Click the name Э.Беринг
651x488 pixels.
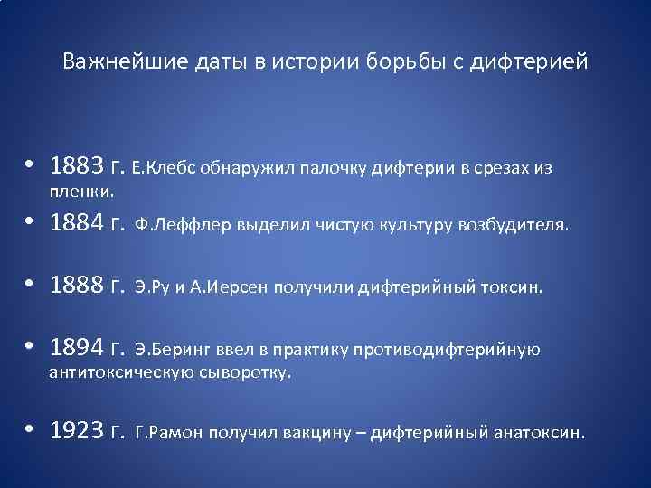click(167, 348)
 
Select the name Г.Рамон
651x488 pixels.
click(169, 432)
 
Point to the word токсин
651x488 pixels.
click(514, 288)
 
